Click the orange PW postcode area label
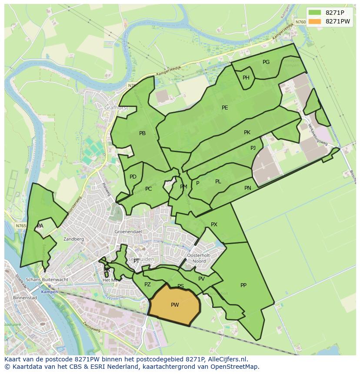tap(175, 305)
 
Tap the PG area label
tap(266, 62)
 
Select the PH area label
tap(246, 78)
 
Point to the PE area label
tap(225, 108)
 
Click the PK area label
tap(247, 132)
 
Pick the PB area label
tap(142, 133)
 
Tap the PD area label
tap(133, 177)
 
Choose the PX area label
tap(214, 225)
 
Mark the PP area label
tap(243, 285)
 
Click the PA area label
tap(40, 226)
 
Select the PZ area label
tap(147, 285)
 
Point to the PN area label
tap(248, 188)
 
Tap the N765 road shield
tap(20, 226)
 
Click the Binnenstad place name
tap(25, 298)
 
